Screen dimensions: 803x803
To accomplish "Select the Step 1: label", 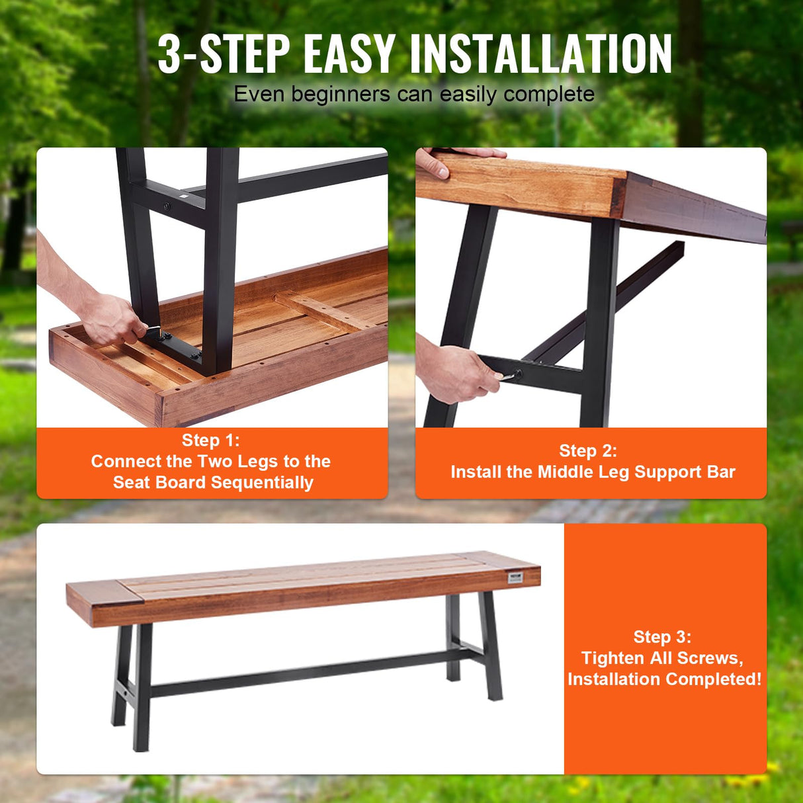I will pyautogui.click(x=211, y=441).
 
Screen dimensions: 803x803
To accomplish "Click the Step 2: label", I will pyautogui.click(x=587, y=451).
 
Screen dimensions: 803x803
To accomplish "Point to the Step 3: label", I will pyautogui.click(x=662, y=637).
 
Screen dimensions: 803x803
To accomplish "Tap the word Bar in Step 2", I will pyautogui.click(x=721, y=472).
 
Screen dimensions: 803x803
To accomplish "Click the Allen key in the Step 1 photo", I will pyautogui.click(x=153, y=329).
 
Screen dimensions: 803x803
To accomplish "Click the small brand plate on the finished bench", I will pyautogui.click(x=515, y=578).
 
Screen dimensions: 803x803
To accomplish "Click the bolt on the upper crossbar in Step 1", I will pyautogui.click(x=167, y=207).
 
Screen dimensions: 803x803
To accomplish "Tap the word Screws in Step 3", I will pyautogui.click(x=707, y=658).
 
